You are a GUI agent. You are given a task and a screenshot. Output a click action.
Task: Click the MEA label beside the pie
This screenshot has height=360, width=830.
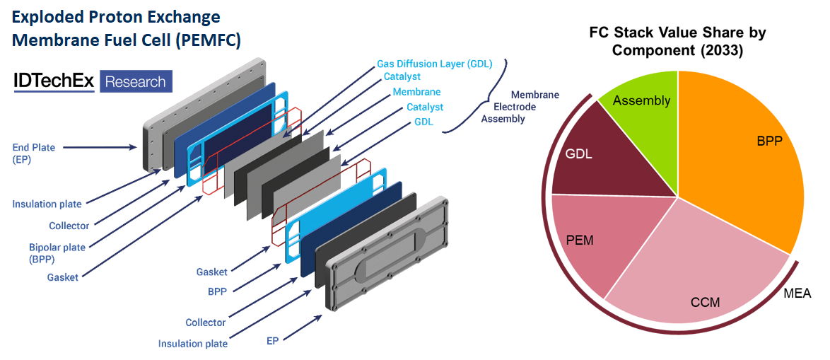797,293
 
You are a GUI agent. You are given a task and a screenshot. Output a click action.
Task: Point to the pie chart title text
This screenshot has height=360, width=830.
678,42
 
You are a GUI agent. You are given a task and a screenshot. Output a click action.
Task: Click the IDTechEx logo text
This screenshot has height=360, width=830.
54,81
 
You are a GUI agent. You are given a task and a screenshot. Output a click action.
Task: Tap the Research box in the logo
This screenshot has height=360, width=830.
135,82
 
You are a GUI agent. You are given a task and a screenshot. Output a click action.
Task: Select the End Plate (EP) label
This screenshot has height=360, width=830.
34,153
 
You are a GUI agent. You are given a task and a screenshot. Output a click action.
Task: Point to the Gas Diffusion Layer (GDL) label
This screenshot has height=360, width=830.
434,64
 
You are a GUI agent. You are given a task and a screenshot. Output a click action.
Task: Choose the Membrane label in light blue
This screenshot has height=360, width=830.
416,92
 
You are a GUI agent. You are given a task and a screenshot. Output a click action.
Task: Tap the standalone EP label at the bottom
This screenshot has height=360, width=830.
272,340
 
